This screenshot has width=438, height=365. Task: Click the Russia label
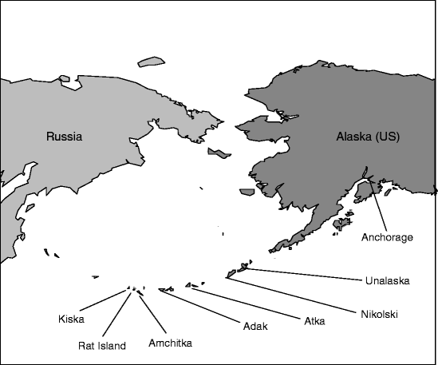click(x=64, y=137)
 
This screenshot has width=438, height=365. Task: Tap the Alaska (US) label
click(x=366, y=137)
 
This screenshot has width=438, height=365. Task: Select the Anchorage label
click(x=387, y=237)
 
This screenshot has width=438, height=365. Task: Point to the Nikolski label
click(x=378, y=314)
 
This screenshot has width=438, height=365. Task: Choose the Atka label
click(x=314, y=321)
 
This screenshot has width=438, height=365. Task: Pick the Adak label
click(x=254, y=327)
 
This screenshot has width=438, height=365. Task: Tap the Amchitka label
click(x=172, y=343)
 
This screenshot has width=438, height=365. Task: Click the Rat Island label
click(x=101, y=346)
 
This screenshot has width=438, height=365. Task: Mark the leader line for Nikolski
click(x=295, y=292)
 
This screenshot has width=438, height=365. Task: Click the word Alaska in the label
click(x=353, y=137)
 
